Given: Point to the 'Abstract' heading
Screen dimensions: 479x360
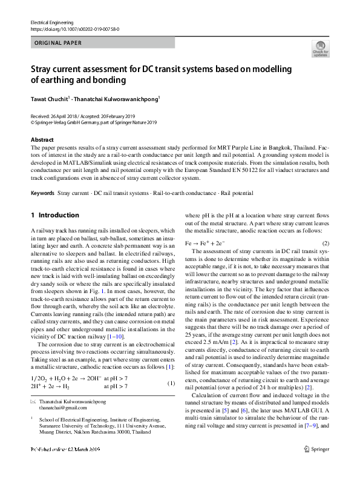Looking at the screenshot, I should coord(42,139).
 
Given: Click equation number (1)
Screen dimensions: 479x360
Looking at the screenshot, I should coord(171,383).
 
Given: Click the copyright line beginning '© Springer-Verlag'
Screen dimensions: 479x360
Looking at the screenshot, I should coord(93,122).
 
